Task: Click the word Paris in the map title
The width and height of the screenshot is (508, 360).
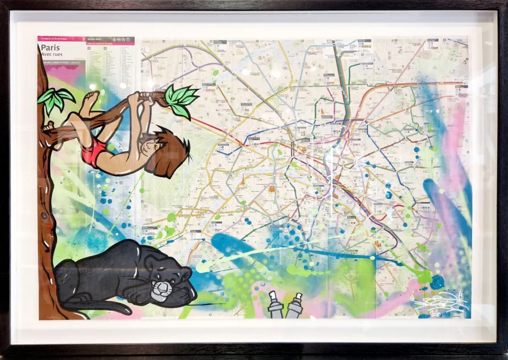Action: [49, 49]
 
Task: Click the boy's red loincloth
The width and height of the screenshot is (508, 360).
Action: [94, 151]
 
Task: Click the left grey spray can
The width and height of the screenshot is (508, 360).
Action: [275, 306]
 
